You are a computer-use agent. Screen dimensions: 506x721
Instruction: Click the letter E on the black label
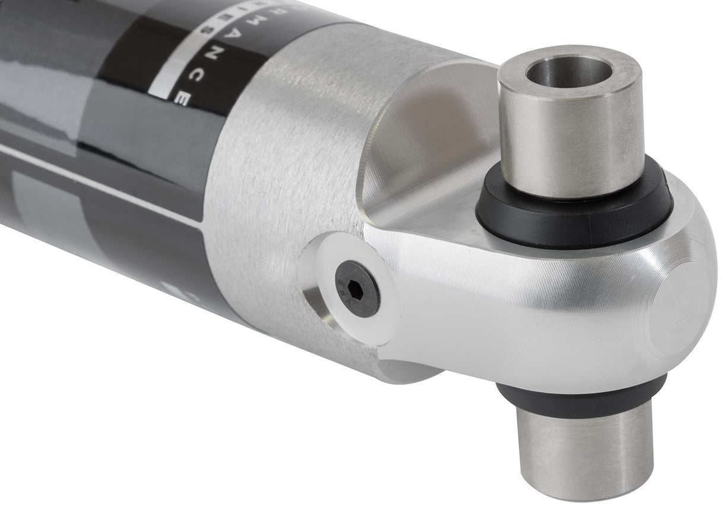(x=183, y=99)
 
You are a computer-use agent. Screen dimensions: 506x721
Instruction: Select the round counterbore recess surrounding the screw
(x=333, y=309)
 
